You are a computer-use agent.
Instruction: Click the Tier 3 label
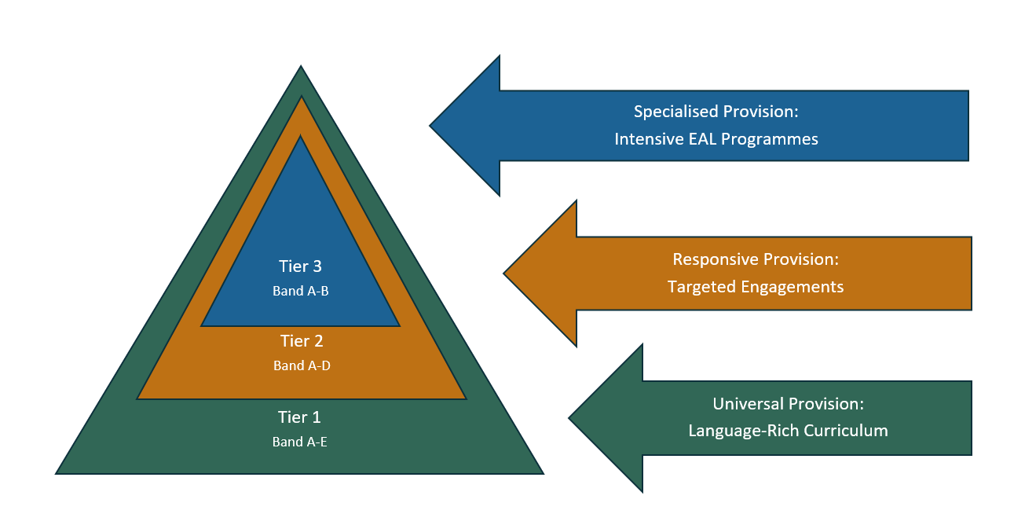pyautogui.click(x=300, y=266)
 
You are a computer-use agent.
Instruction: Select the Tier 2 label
pyautogui.click(x=302, y=342)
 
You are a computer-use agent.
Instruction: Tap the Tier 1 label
pyautogui.click(x=299, y=417)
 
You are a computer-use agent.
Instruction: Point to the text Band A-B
pyautogui.click(x=300, y=292)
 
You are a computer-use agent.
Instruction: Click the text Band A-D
pyautogui.click(x=302, y=365)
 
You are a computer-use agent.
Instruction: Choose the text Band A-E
pyautogui.click(x=299, y=442)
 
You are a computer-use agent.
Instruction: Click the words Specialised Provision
pyautogui.click(x=716, y=112)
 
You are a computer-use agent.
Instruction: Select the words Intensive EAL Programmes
pyautogui.click(x=716, y=139)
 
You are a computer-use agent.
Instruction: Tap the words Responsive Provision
pyautogui.click(x=755, y=259)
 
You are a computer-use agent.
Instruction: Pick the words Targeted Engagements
pyautogui.click(x=755, y=287)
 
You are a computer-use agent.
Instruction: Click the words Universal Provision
pyautogui.click(x=788, y=404)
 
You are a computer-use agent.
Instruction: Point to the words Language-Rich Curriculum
pyautogui.click(x=788, y=431)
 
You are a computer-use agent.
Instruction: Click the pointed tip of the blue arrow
pyautogui.click(x=431, y=125)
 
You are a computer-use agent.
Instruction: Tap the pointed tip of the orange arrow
pyautogui.click(x=505, y=274)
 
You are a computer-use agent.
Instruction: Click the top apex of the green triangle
pyautogui.click(x=301, y=68)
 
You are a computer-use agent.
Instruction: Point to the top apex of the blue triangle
pyautogui.click(x=301, y=137)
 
